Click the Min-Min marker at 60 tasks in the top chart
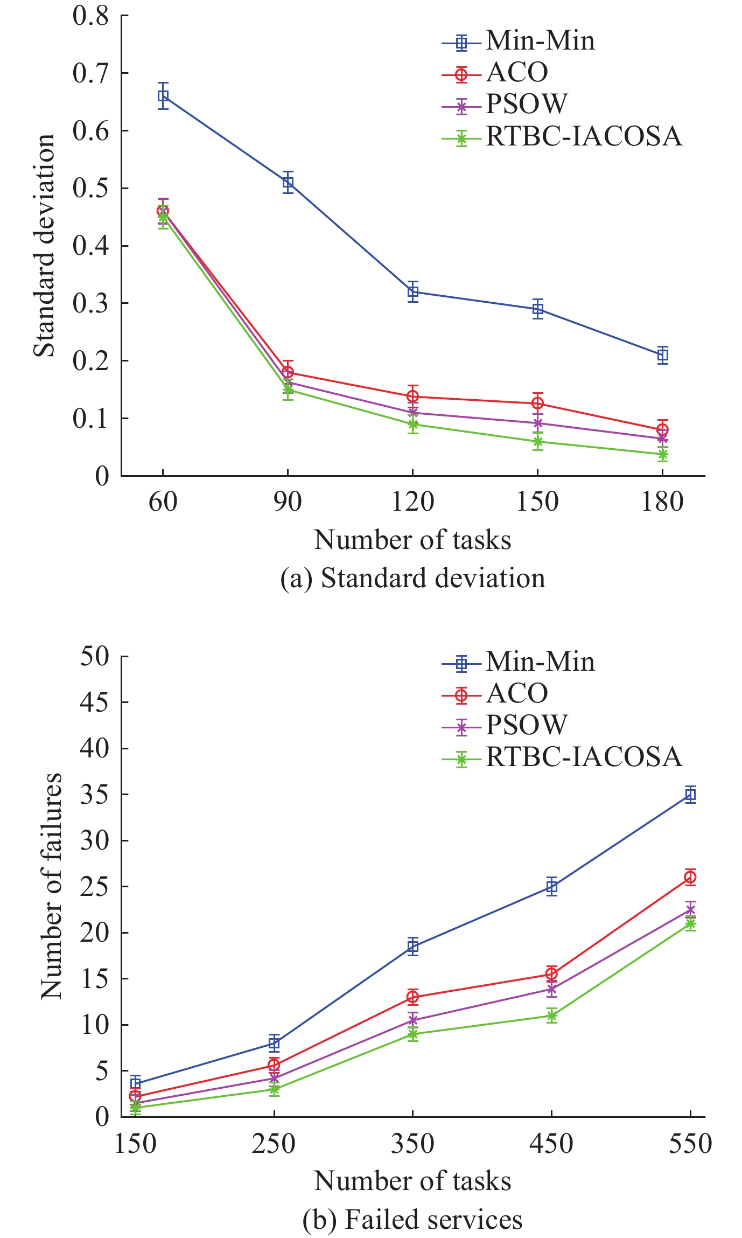[163, 96]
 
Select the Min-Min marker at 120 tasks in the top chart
[413, 292]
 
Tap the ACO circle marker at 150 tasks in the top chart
[537, 403]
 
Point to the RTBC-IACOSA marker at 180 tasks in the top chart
[662, 454]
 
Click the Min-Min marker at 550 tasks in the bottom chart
[690, 794]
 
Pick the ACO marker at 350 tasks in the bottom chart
[413, 997]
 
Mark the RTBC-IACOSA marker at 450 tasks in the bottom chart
[551, 1016]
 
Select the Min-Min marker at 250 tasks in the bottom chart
[274, 1043]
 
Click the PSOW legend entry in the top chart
[526, 104]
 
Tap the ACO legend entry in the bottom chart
[516, 693]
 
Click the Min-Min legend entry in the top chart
[540, 41]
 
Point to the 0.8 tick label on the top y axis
[90, 16]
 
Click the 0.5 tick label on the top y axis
[90, 189]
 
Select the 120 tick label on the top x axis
[412, 502]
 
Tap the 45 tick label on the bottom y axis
[94, 703]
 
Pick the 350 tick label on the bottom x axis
[412, 1144]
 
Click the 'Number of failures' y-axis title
[51, 886]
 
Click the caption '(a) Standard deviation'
[412, 579]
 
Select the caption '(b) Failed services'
[412, 1220]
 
